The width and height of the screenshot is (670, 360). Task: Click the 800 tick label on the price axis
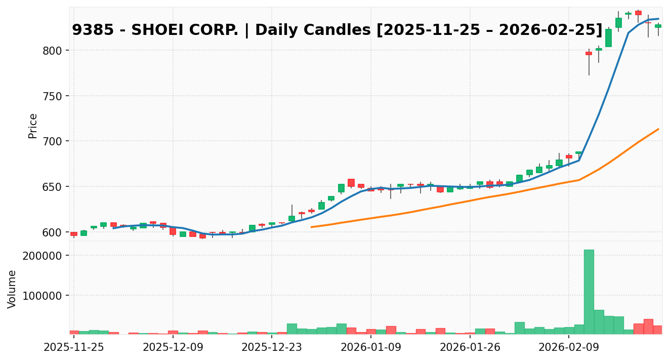point(53,51)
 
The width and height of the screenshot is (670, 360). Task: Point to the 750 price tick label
point(53,96)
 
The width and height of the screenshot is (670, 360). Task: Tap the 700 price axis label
point(53,141)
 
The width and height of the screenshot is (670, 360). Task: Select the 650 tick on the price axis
point(53,187)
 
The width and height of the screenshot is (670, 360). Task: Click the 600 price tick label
point(53,232)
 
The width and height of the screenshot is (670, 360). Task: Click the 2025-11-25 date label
point(74,348)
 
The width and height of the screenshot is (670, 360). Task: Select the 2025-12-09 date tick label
point(173,348)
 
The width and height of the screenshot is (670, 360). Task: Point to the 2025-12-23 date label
point(272,348)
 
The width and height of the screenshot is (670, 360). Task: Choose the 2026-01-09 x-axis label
point(371,348)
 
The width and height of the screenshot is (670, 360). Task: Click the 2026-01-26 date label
point(470,348)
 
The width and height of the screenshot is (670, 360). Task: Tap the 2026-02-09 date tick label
point(569,348)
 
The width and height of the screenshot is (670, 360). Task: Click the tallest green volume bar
point(589,292)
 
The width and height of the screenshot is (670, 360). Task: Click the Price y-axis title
point(33,126)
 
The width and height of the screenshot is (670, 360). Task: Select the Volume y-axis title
point(12,289)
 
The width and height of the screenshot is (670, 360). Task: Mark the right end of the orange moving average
point(658,129)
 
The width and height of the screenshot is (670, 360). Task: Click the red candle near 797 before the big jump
point(589,53)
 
